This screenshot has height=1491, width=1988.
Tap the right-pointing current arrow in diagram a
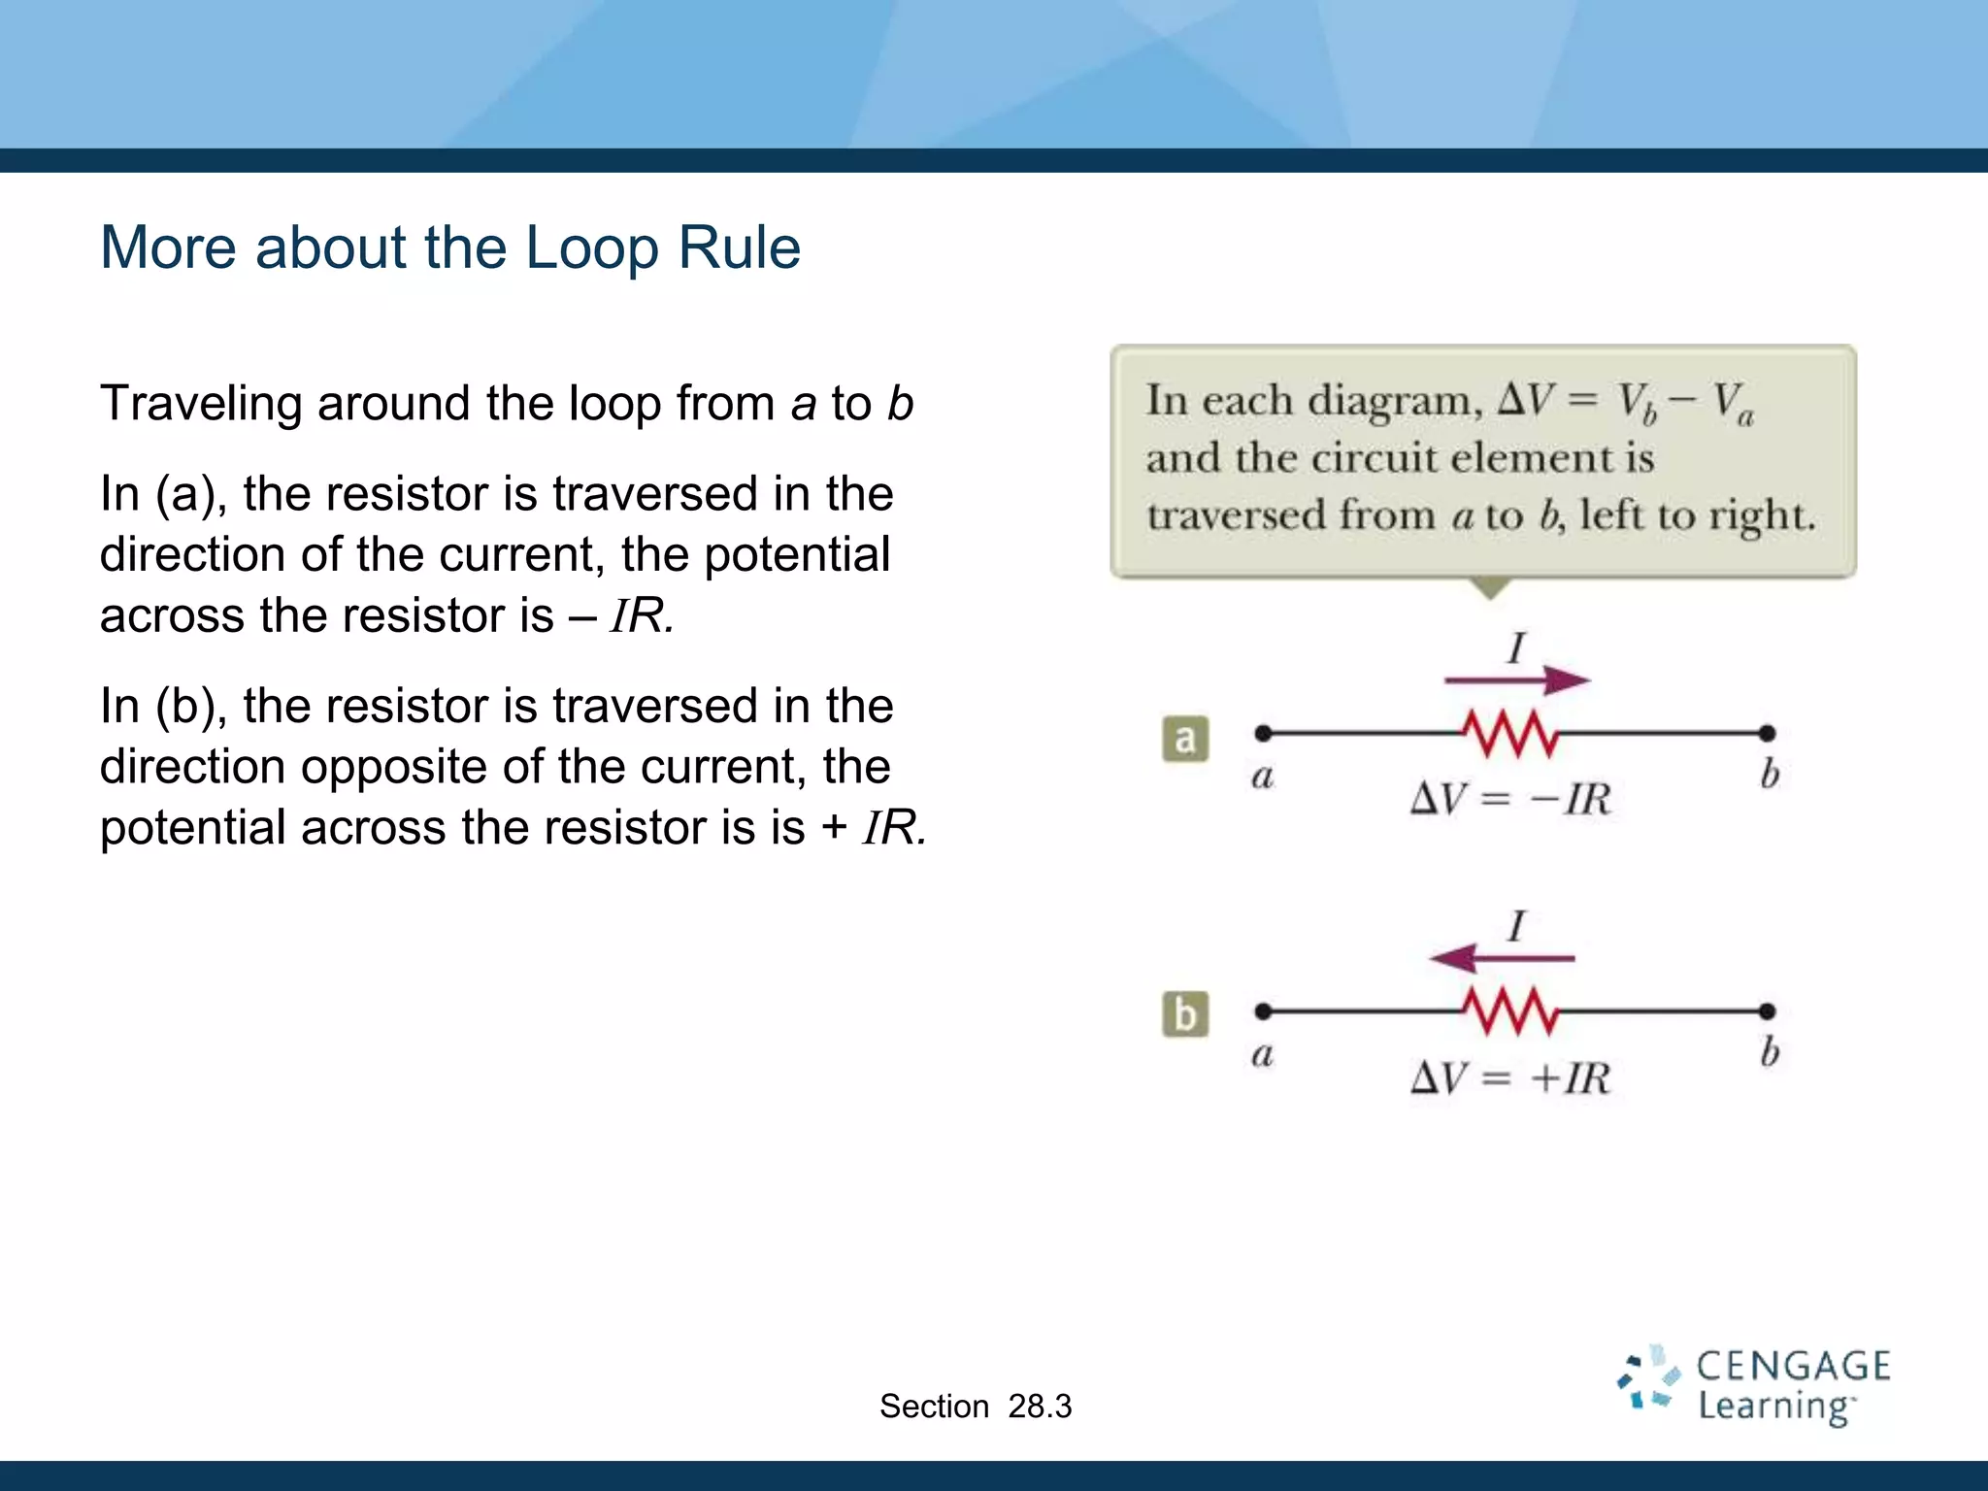pos(1516,680)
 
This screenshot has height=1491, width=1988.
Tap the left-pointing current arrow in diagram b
pos(1501,959)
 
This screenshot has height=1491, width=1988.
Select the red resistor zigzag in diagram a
pos(1511,734)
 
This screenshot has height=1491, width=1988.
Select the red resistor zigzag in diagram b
pos(1511,1012)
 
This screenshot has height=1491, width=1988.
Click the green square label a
pos(1185,739)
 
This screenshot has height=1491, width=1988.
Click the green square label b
pos(1185,1015)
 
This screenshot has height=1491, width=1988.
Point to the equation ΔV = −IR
pos(1509,800)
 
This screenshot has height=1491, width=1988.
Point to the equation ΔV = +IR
pos(1509,1078)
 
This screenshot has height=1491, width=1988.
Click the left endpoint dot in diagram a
pos(1263,733)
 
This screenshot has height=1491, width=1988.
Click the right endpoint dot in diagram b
pos(1767,1011)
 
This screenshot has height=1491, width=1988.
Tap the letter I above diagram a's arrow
pos(1516,647)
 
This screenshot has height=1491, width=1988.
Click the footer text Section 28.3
pos(975,1407)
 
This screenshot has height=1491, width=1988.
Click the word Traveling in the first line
pos(200,404)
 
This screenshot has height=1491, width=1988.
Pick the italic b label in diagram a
pos(1770,774)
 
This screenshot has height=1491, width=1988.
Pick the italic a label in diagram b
pos(1262,1054)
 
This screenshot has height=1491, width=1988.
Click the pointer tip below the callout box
pos(1489,592)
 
